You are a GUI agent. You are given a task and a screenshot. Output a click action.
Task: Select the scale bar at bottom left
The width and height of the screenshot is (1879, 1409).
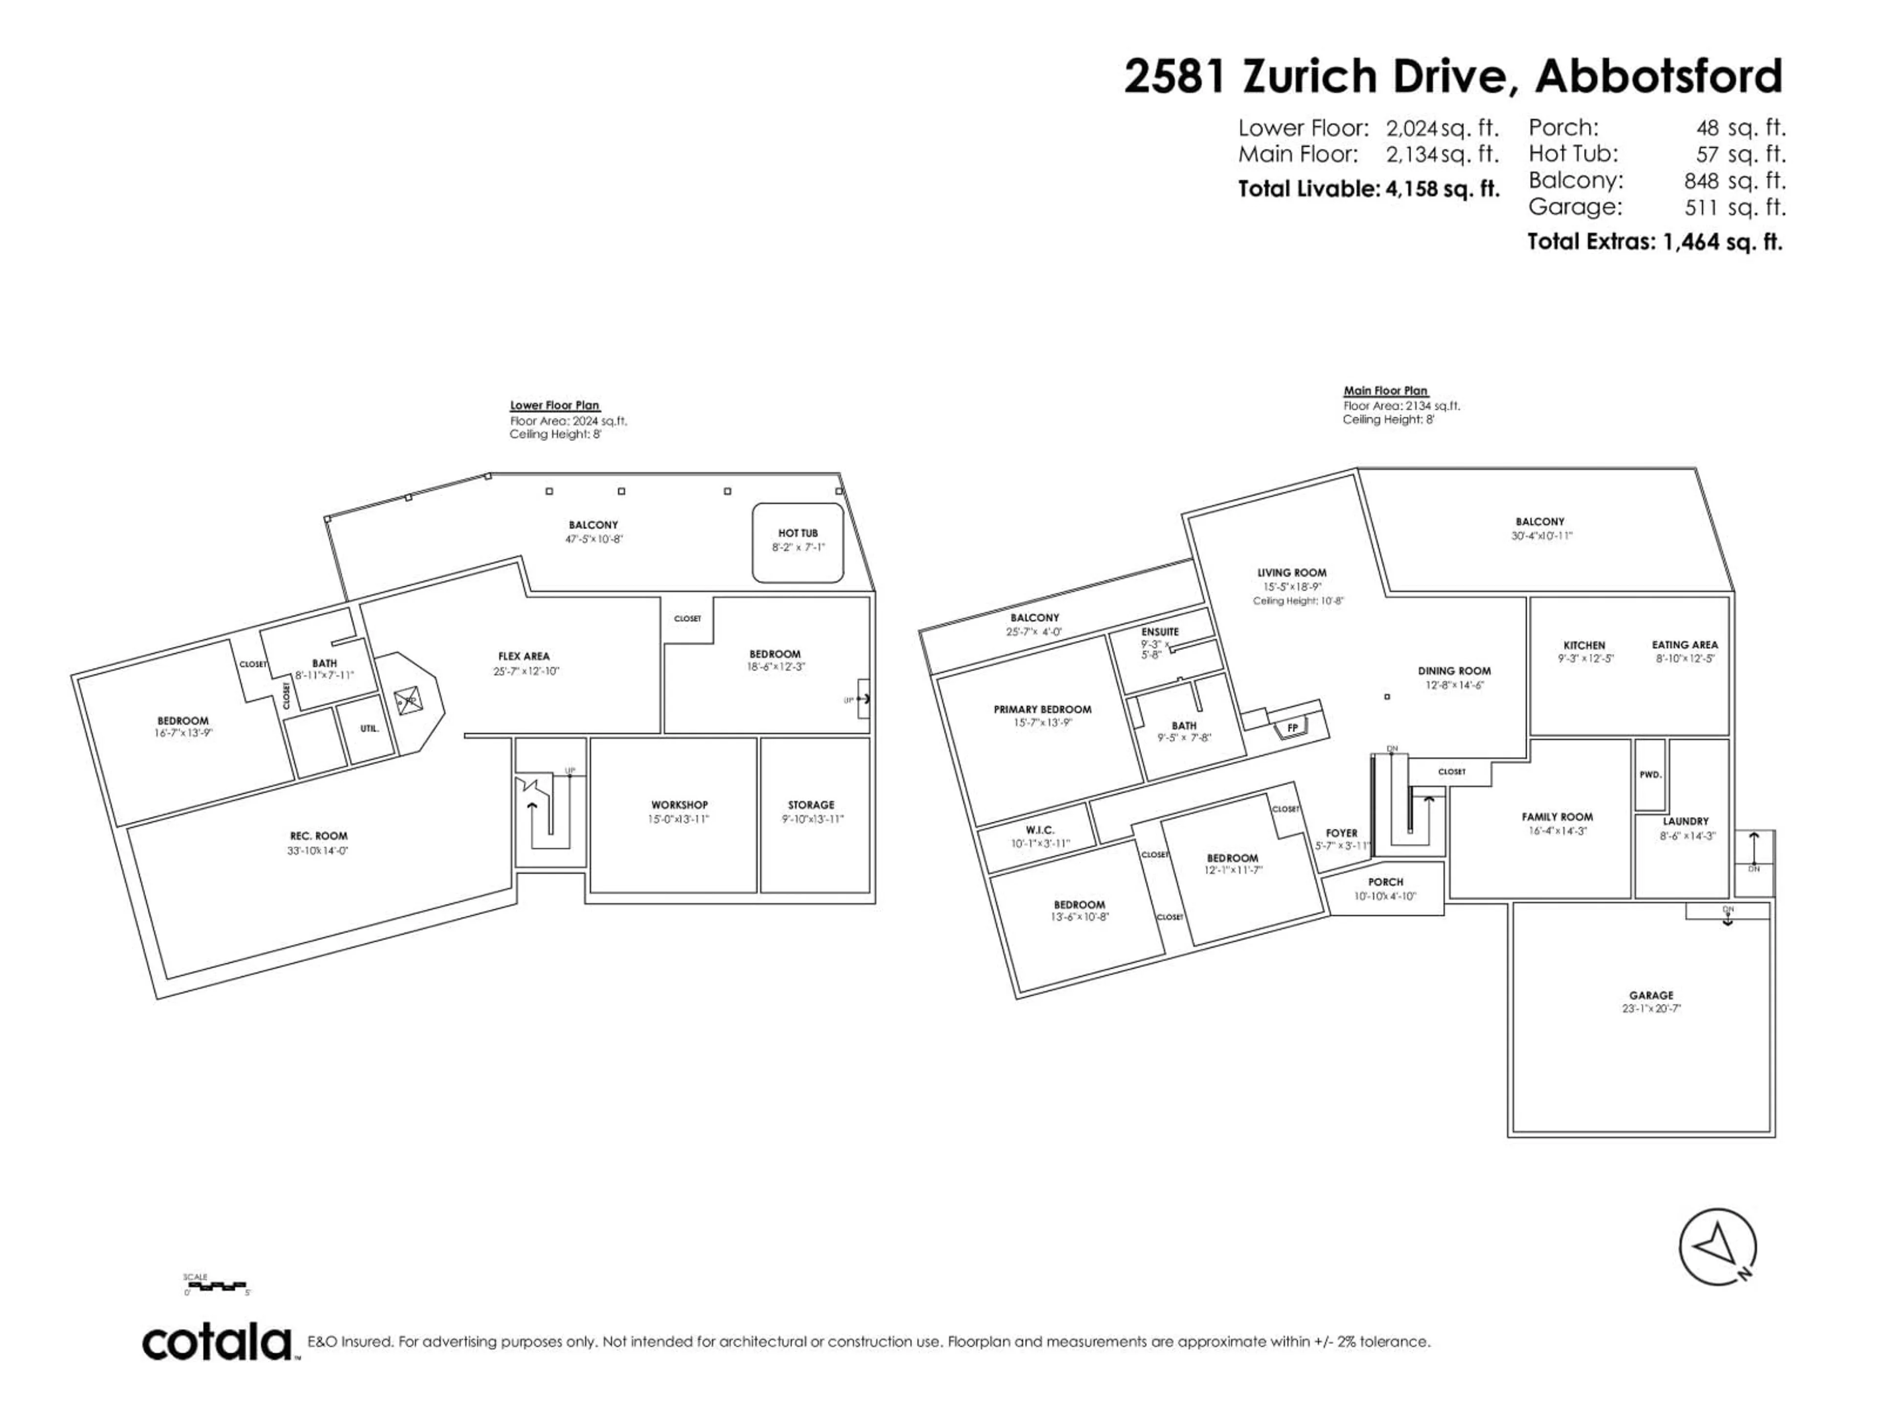pyautogui.click(x=217, y=1285)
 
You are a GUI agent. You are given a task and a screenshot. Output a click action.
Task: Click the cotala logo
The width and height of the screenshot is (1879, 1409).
pyautogui.click(x=217, y=1343)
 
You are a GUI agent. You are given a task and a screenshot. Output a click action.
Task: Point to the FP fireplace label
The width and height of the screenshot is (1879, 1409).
pyautogui.click(x=1292, y=728)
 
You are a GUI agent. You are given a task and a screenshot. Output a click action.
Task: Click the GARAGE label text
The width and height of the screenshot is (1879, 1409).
pyautogui.click(x=1650, y=995)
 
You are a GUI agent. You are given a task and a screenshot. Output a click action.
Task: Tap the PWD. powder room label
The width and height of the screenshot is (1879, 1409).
pyautogui.click(x=1650, y=774)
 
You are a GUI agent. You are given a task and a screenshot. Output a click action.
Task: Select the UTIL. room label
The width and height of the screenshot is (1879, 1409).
pyautogui.click(x=368, y=728)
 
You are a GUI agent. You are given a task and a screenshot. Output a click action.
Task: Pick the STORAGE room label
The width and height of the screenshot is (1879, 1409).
pyautogui.click(x=810, y=804)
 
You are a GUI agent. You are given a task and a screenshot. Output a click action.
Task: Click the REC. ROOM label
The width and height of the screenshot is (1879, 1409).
pyautogui.click(x=319, y=836)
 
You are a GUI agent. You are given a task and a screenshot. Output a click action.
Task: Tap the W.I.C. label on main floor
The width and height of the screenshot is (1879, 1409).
pyautogui.click(x=1040, y=830)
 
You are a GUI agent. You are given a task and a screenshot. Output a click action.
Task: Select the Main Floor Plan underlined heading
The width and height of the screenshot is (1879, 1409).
pyautogui.click(x=1385, y=391)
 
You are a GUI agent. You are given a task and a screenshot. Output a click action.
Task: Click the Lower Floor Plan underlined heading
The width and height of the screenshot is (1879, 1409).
pyautogui.click(x=555, y=405)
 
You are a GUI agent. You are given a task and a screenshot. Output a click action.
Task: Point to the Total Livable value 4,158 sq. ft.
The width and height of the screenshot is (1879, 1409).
pyautogui.click(x=1443, y=188)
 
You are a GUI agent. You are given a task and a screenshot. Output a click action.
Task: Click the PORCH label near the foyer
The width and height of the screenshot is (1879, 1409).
pyautogui.click(x=1385, y=882)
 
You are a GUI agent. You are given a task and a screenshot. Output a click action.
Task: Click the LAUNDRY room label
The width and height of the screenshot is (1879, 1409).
pyautogui.click(x=1685, y=821)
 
